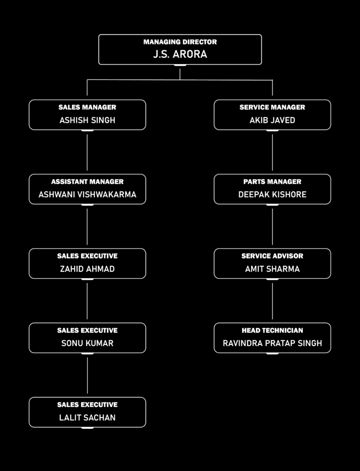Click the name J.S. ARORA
[180, 54]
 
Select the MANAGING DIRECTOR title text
[180, 42]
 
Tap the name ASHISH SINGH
[88, 120]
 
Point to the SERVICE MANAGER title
[272, 107]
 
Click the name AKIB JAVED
[272, 120]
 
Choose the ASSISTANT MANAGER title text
[88, 181]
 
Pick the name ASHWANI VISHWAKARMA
[88, 194]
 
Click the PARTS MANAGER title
[272, 181]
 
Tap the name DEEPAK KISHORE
[272, 194]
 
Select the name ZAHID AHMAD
[88, 269]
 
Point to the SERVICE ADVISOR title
[272, 256]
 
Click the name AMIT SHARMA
[272, 269]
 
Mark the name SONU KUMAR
[88, 343]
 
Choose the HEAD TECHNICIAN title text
[272, 330]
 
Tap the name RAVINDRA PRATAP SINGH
[272, 343]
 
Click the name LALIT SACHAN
[88, 418]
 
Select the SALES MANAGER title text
[88, 107]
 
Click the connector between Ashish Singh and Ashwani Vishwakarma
[87, 152]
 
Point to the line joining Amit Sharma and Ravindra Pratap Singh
[272, 301]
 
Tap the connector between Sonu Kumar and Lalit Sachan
[88, 375]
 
